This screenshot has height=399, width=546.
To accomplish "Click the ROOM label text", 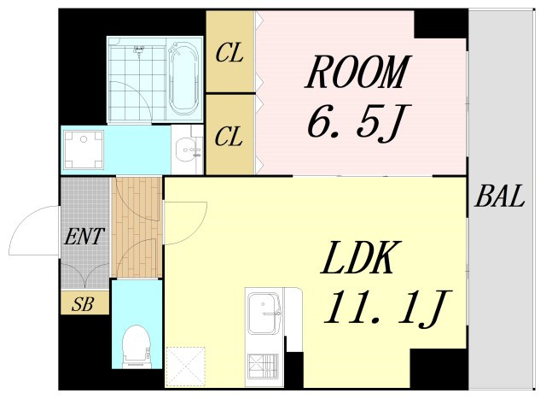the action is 357,72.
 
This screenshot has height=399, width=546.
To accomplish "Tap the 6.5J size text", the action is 358,123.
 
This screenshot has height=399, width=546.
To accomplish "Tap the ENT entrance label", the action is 84,236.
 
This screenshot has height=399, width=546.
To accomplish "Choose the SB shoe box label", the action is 83,304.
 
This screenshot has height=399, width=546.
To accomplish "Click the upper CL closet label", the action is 229,53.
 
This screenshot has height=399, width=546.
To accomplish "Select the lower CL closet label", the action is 228,137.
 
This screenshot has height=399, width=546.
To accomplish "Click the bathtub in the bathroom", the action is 184,79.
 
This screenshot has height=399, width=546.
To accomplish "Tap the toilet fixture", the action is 136,346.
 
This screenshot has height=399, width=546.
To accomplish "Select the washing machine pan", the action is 84,150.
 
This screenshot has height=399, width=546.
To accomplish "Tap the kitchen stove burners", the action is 264,367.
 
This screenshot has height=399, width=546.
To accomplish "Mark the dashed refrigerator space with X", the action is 185,367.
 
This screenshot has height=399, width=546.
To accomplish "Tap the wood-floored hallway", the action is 136,227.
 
